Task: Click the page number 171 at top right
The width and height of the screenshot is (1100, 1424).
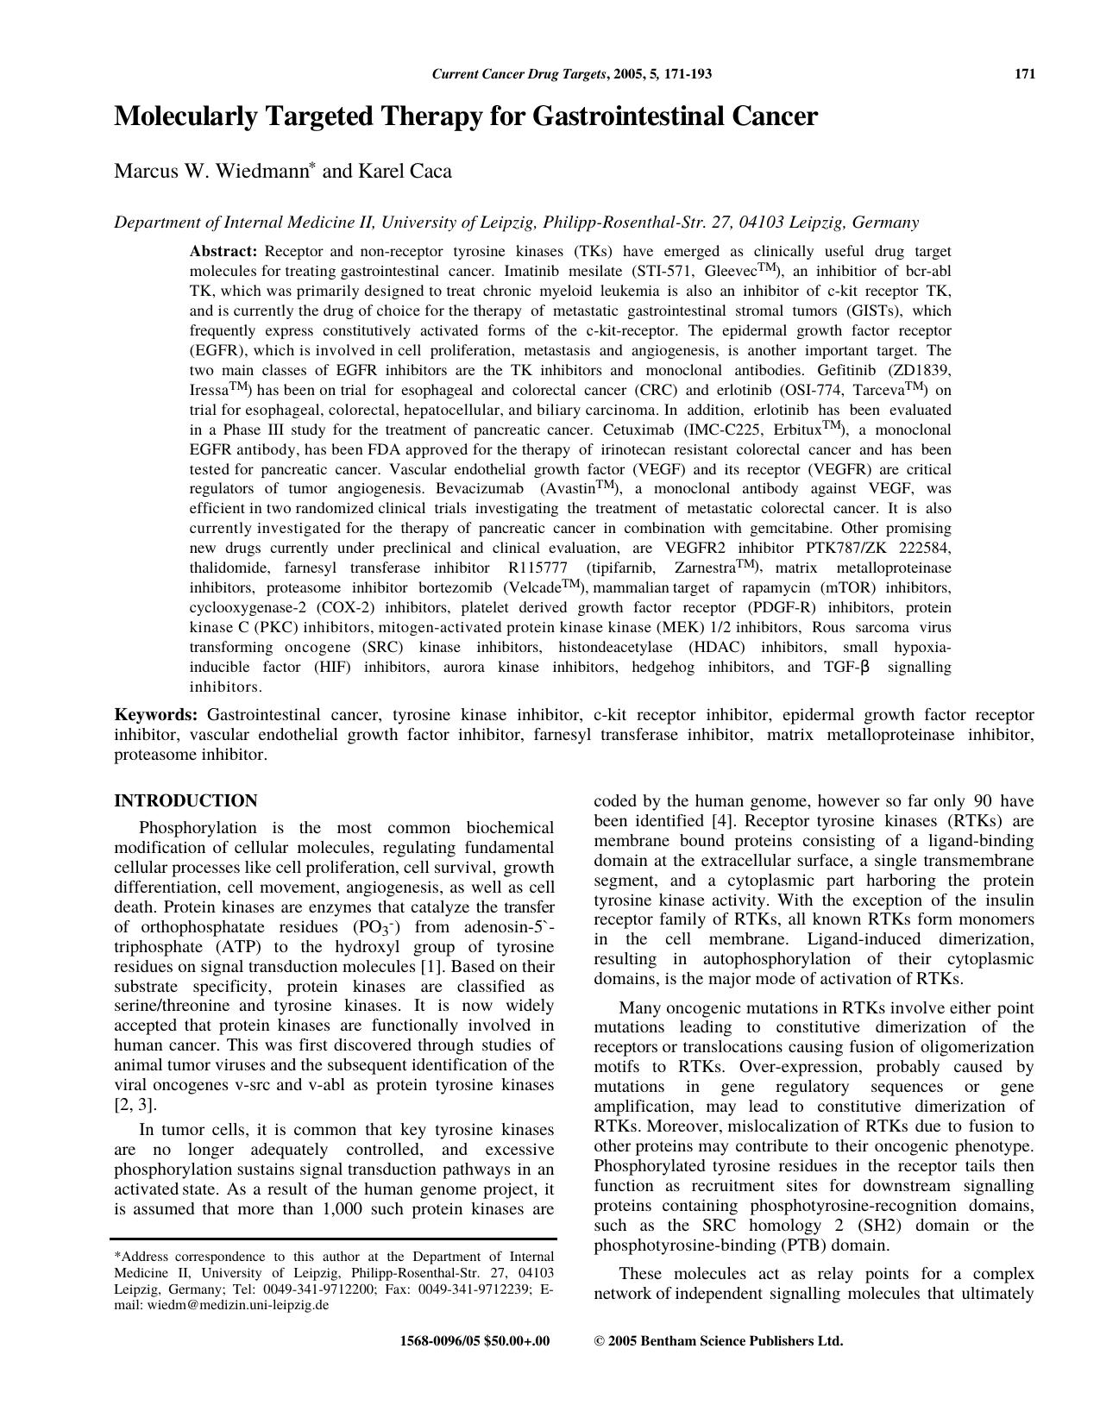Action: [1024, 74]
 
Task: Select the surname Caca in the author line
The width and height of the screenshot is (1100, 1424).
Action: [431, 172]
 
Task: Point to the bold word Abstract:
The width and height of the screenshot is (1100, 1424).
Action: [223, 251]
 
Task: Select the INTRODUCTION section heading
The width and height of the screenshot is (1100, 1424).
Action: [185, 801]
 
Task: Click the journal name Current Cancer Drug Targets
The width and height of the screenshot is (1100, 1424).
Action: [519, 74]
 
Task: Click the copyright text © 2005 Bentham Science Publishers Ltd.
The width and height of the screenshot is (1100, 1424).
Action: [719, 1341]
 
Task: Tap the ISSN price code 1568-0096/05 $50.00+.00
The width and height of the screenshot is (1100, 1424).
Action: [475, 1341]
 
